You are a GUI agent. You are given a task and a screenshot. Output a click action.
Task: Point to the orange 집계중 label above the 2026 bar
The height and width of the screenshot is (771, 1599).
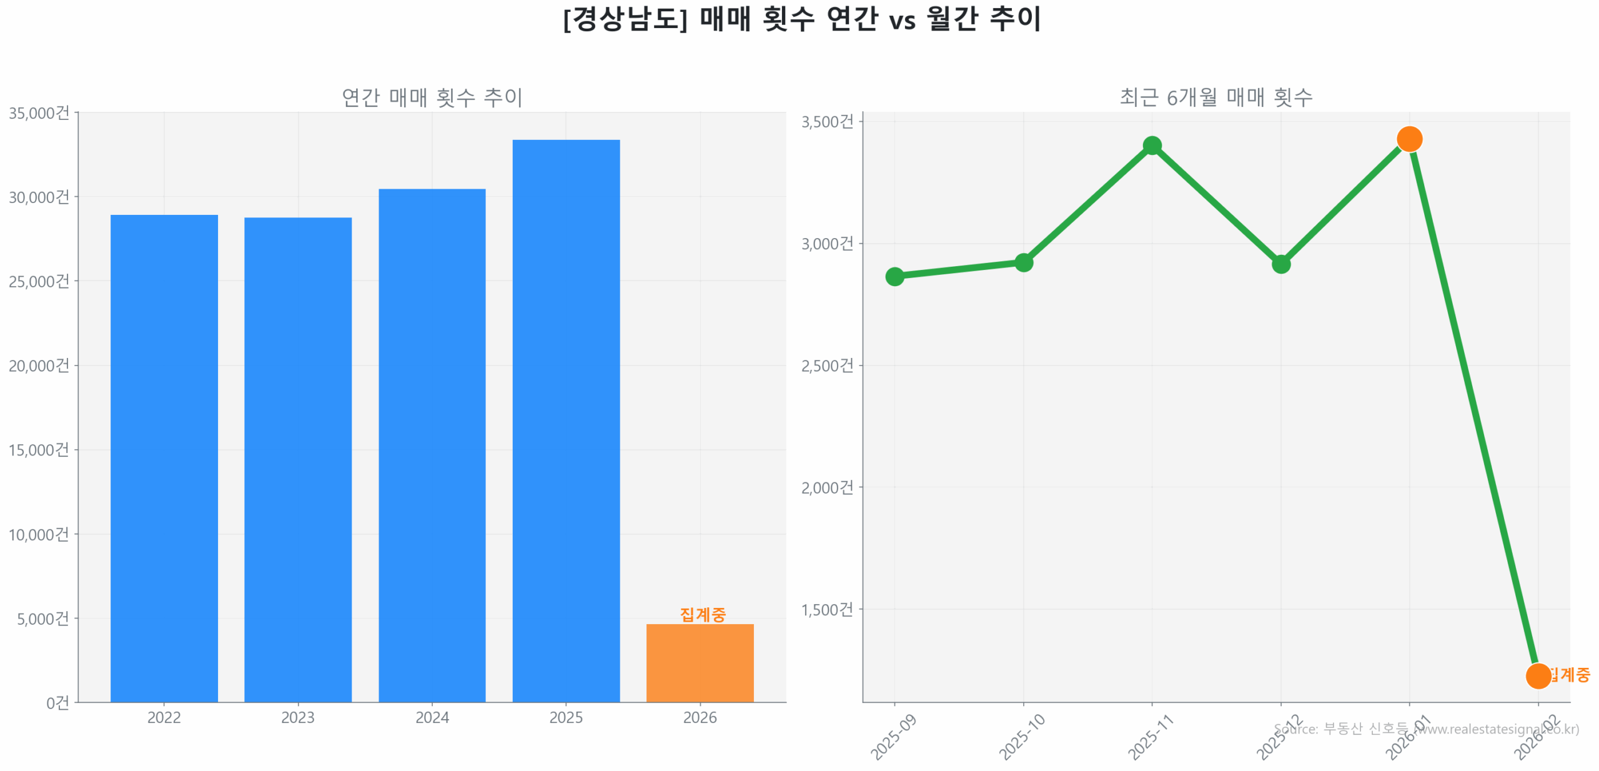(x=702, y=614)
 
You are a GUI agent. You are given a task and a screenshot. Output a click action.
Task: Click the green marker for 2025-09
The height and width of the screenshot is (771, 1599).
(x=894, y=276)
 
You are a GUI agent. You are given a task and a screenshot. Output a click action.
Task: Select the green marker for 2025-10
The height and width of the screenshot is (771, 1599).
(x=1023, y=262)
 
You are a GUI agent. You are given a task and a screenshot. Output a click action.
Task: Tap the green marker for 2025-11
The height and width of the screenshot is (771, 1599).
(x=1152, y=146)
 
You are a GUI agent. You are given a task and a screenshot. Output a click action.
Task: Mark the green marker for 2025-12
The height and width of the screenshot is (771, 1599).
(x=1280, y=264)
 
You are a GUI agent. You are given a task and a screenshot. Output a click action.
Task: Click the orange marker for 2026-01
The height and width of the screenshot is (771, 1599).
(x=1409, y=139)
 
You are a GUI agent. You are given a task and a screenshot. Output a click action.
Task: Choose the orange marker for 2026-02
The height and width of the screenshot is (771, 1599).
(x=1538, y=675)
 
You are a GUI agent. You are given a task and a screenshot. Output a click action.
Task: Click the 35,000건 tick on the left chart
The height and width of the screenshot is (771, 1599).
(x=39, y=113)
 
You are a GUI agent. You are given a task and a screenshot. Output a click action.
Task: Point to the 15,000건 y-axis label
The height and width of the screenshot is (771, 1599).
(x=39, y=450)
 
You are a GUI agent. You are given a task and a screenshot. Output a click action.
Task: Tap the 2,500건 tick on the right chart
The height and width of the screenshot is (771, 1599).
(x=827, y=366)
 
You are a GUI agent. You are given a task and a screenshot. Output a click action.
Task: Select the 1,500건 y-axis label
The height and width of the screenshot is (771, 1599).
(x=827, y=609)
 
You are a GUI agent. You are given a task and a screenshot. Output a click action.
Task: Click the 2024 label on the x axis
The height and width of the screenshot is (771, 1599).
(x=432, y=717)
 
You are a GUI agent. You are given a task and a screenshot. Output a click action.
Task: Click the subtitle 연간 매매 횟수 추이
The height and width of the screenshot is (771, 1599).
(x=432, y=97)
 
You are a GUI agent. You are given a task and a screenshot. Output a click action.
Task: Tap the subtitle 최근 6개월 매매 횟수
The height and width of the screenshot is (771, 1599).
(x=1215, y=97)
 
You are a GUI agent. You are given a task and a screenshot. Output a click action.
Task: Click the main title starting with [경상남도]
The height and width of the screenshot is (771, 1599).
(x=802, y=19)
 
